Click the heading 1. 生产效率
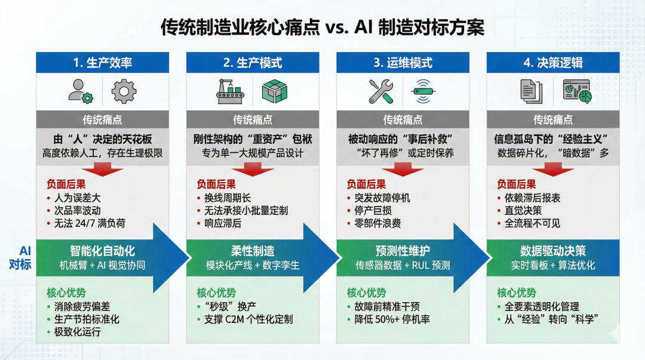click(102, 63)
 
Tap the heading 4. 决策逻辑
click(552, 63)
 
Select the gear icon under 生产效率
click(124, 91)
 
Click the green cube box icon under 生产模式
click(275, 91)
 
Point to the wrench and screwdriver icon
click(380, 91)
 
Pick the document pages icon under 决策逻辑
click(531, 91)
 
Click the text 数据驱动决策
click(553, 251)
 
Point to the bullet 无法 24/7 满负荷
click(87, 223)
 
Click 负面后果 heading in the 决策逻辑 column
click(517, 184)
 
